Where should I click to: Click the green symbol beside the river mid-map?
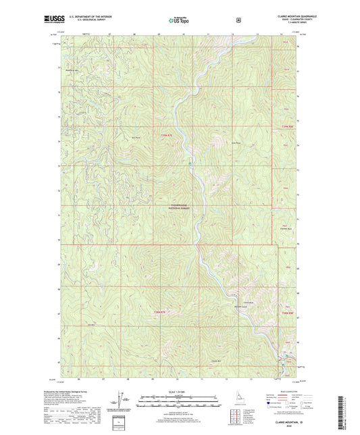190,163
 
